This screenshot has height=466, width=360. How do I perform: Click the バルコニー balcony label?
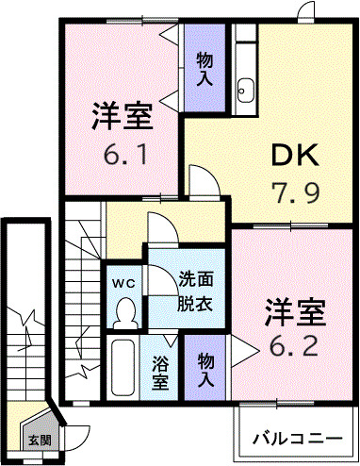(297, 439)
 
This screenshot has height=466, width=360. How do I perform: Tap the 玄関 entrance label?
(40, 440)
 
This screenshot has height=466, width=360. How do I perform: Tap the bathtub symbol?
(124, 370)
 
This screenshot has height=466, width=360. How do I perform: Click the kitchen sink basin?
(248, 91)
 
